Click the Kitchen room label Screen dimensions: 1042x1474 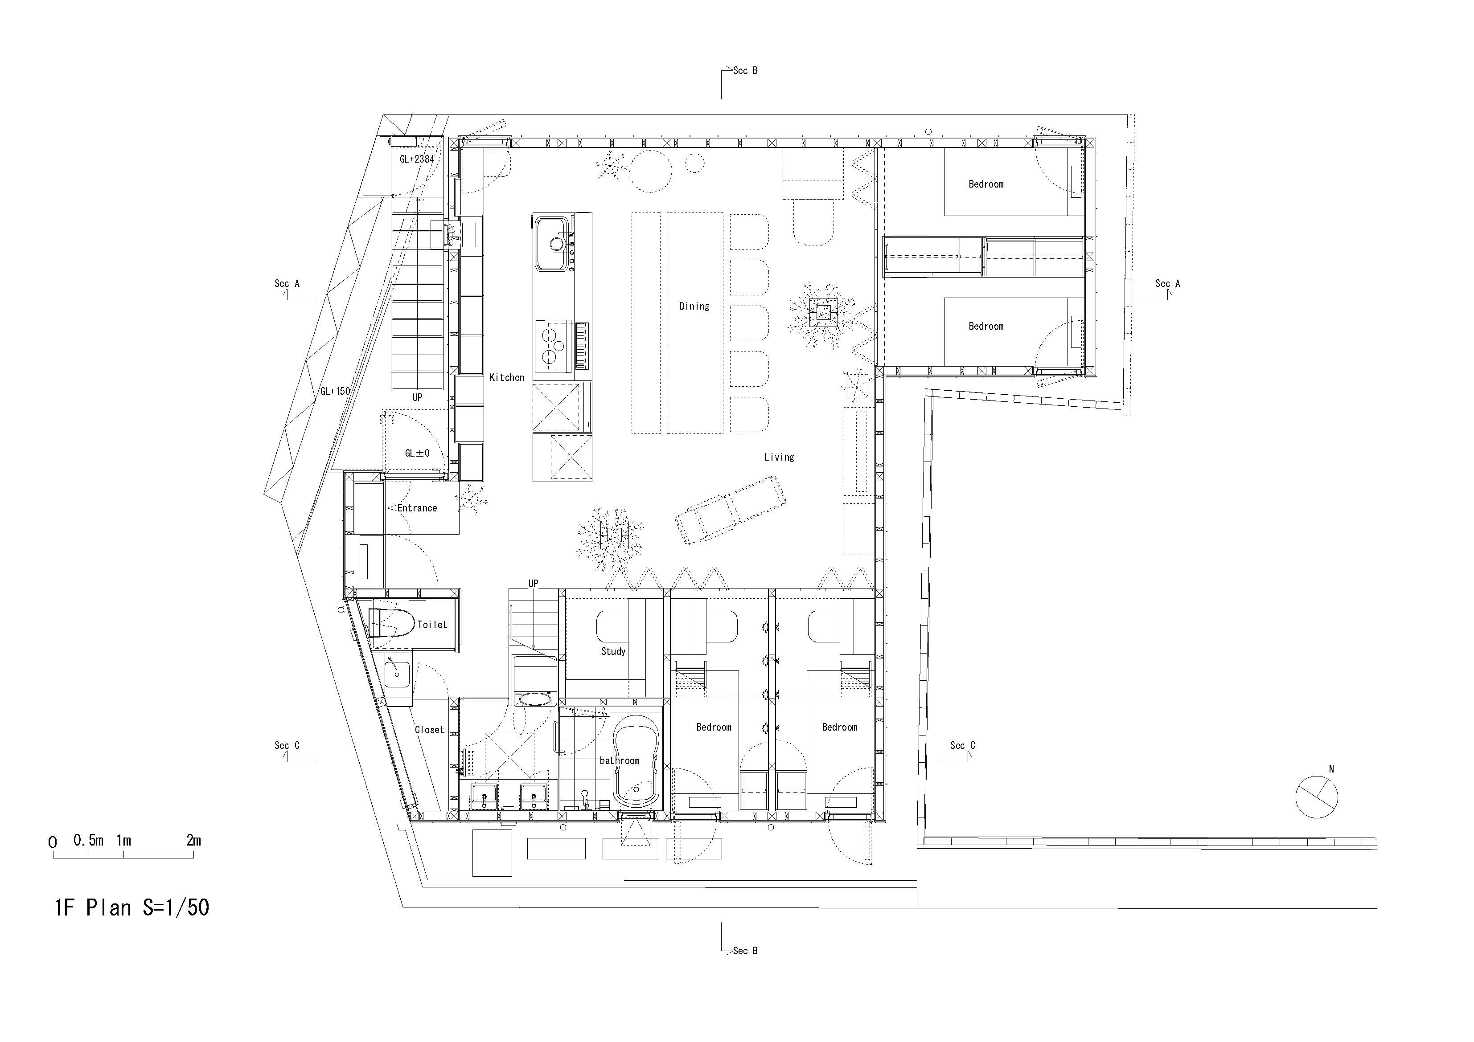(506, 377)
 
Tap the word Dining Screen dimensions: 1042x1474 (694, 306)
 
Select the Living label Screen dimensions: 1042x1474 (778, 457)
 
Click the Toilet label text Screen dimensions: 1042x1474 (431, 624)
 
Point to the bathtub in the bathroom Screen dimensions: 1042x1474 (636, 766)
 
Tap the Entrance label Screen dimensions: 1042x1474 (417, 507)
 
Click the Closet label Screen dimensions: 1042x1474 (429, 730)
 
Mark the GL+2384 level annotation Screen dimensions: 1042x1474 (417, 159)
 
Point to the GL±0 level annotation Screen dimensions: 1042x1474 (417, 453)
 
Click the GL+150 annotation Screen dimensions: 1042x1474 (335, 391)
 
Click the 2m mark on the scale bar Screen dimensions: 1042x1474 (193, 841)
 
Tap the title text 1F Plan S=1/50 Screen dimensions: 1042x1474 (131, 907)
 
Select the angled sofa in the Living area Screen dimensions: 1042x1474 (730, 510)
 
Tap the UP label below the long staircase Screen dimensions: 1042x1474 (417, 397)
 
